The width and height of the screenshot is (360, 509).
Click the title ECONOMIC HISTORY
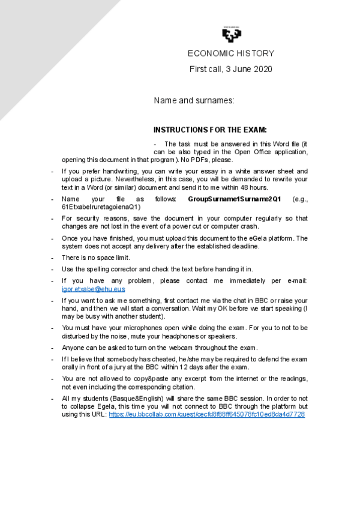click(x=230, y=53)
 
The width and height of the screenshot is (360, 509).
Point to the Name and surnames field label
click(x=194, y=101)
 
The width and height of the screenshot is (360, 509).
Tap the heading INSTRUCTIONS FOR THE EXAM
click(x=210, y=130)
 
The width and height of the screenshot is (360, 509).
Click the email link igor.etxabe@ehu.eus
click(x=93, y=289)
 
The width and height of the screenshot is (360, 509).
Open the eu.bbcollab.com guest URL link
click(x=206, y=414)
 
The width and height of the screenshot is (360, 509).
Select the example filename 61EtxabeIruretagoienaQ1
click(x=101, y=206)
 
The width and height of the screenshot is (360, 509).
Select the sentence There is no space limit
click(x=96, y=258)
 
